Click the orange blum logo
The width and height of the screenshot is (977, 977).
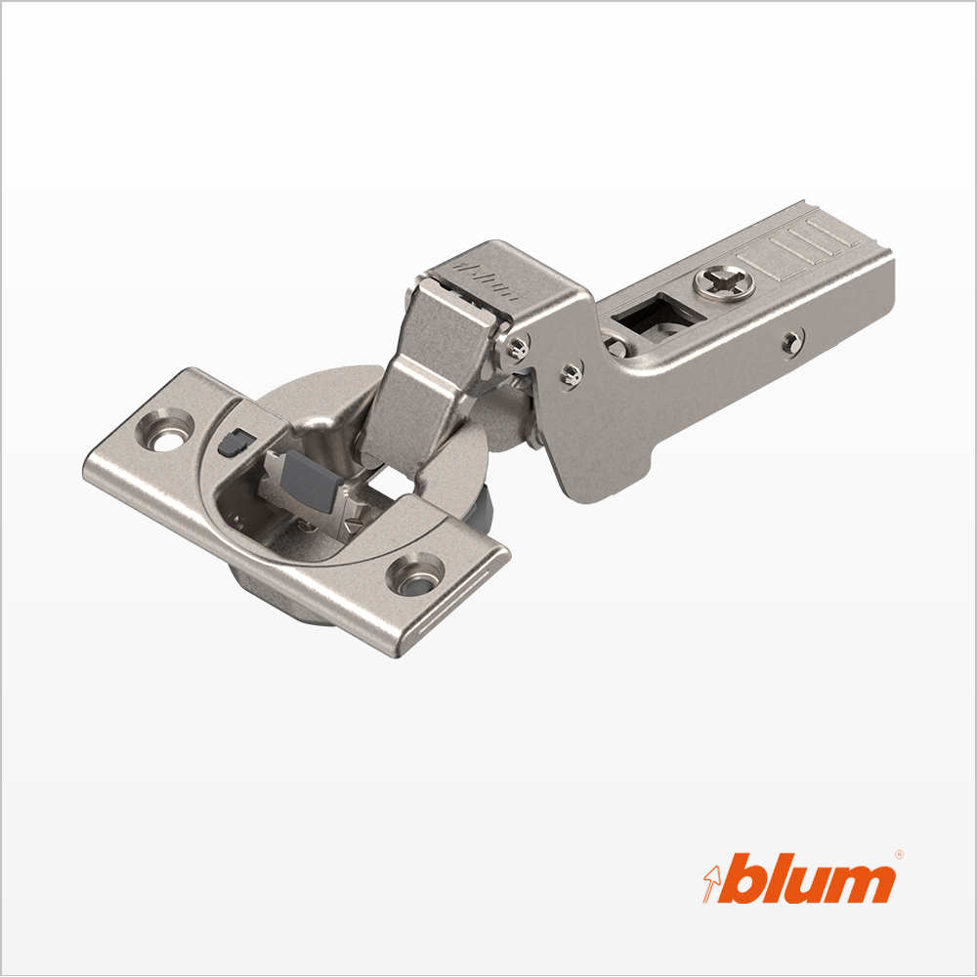tap(800, 879)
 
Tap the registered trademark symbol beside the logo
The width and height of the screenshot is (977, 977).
tap(899, 855)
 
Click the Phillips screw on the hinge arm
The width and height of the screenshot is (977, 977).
tap(724, 283)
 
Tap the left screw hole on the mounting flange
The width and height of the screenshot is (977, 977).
tap(165, 431)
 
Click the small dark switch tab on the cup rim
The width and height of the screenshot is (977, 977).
tap(234, 443)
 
